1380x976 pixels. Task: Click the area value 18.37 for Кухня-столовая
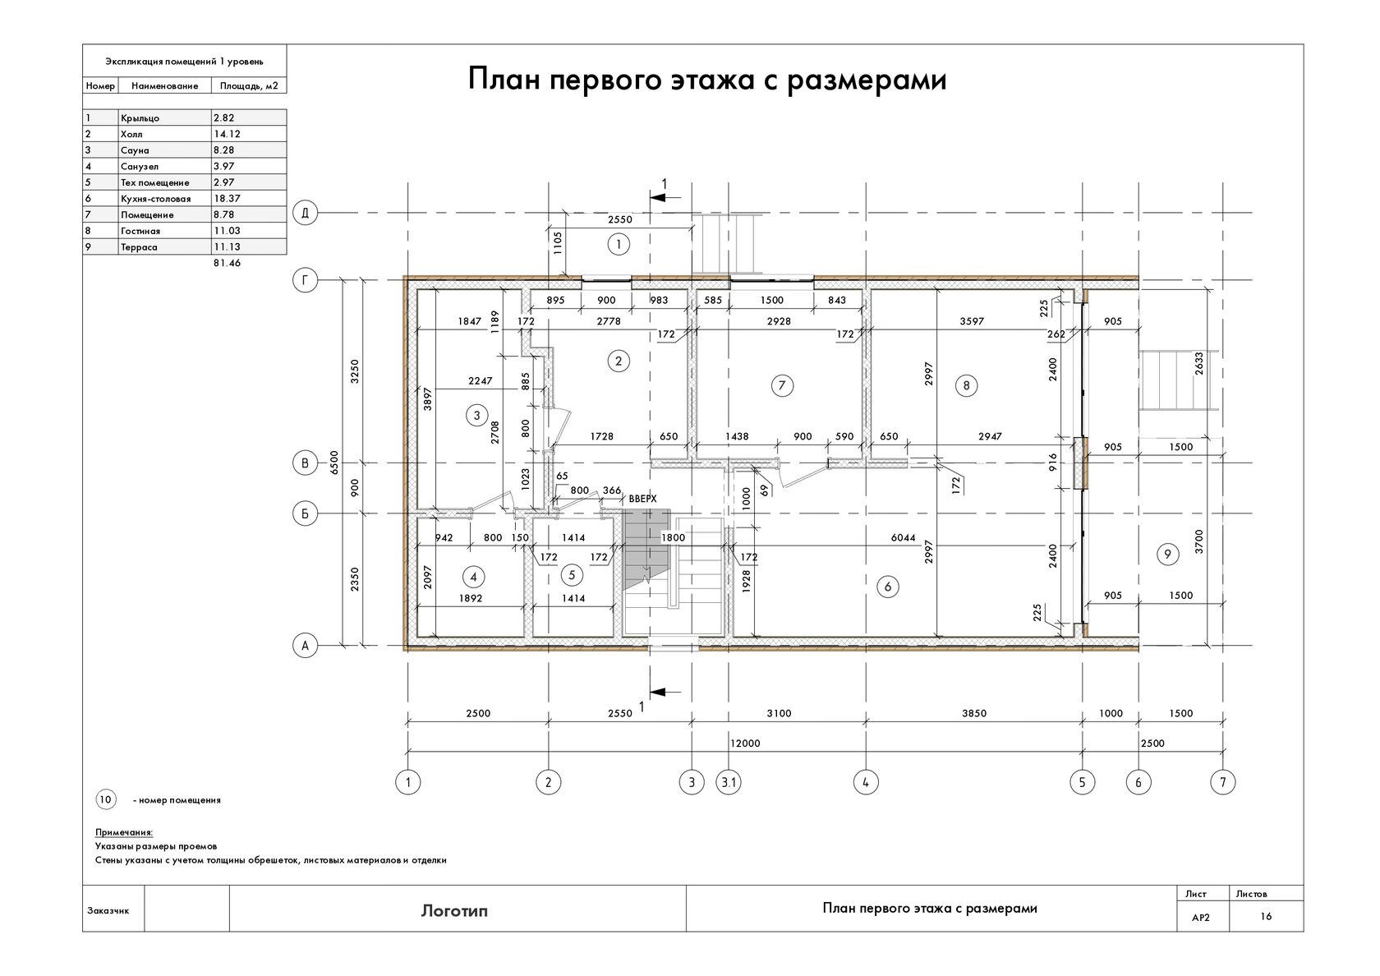(227, 199)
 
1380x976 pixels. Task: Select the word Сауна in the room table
(135, 150)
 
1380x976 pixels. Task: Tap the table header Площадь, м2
(249, 86)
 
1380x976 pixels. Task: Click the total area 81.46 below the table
(227, 263)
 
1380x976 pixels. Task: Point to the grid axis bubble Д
(305, 214)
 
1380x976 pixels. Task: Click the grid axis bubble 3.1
(729, 782)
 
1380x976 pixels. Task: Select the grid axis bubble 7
(1223, 782)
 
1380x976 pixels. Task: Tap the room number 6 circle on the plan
(888, 587)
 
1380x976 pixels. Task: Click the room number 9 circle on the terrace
(1167, 555)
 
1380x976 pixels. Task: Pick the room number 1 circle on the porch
(619, 245)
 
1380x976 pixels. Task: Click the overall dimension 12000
(745, 743)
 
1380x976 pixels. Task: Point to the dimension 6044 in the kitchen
(904, 538)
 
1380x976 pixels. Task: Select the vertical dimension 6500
(334, 462)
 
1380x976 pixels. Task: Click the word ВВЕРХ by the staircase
(643, 499)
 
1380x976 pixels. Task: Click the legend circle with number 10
(105, 800)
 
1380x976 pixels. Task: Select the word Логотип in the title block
(455, 910)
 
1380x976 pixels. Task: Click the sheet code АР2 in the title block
(1201, 918)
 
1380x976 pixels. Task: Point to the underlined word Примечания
(124, 832)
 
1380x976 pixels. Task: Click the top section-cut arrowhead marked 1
(658, 198)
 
